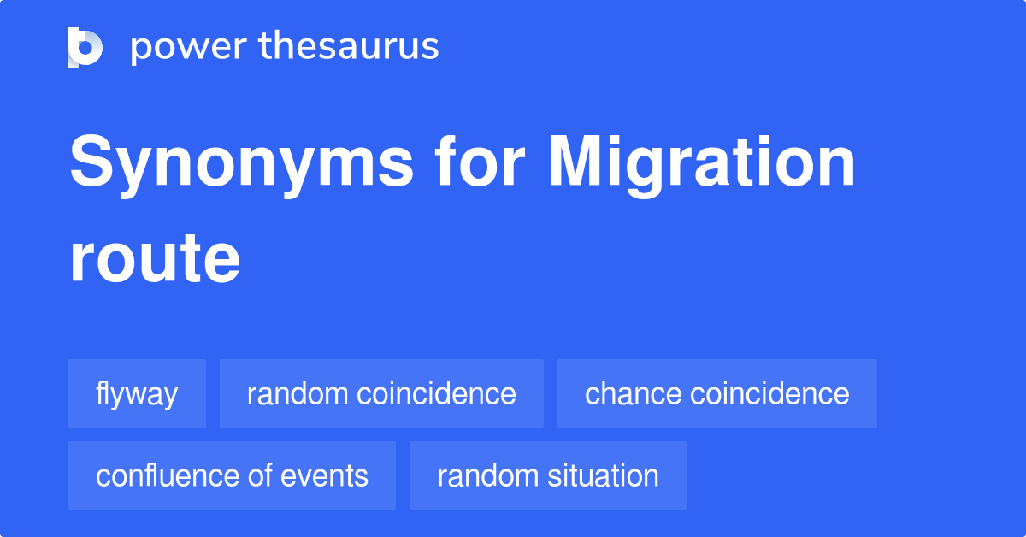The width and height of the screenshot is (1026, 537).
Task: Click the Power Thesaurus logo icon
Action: (x=85, y=47)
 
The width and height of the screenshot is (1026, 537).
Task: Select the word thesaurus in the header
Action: (x=349, y=47)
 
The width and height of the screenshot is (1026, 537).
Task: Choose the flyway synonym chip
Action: (x=137, y=393)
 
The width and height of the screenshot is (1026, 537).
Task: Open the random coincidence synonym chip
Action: (x=381, y=393)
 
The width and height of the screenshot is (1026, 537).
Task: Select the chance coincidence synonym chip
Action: (x=716, y=393)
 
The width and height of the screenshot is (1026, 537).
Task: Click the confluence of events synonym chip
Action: (x=232, y=475)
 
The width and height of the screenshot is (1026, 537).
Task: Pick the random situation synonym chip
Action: (x=547, y=475)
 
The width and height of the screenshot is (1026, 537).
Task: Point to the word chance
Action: (x=633, y=393)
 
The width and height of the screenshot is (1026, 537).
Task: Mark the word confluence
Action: (x=168, y=475)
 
